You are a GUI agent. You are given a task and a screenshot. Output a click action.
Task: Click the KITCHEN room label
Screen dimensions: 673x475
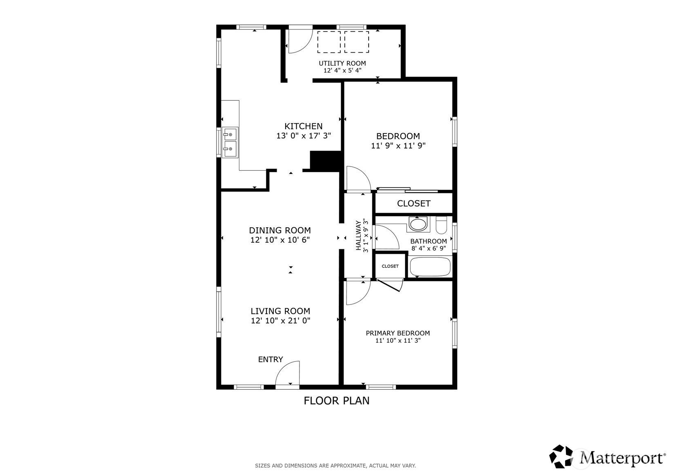tap(304, 126)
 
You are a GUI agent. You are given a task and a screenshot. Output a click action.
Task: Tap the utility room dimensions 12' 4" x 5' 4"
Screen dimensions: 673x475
tap(342, 71)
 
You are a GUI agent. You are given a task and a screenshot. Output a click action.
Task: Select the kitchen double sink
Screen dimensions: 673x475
tap(230, 142)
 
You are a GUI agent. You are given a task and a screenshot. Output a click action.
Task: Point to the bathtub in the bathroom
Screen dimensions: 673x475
tap(430, 266)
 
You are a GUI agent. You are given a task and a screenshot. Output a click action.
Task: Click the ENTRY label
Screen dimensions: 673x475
tap(271, 359)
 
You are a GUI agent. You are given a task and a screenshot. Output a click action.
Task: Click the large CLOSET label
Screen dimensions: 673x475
tap(414, 204)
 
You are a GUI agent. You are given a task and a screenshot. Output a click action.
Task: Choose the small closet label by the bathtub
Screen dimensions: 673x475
tap(390, 266)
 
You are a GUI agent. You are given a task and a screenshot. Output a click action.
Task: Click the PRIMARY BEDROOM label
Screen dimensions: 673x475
tap(398, 333)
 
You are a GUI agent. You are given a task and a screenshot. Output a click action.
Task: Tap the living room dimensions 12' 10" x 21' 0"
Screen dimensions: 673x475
tap(280, 321)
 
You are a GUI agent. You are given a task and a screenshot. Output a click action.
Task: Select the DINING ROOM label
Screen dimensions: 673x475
tap(280, 231)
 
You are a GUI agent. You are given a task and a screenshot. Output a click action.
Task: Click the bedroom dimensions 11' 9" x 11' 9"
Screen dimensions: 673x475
tap(398, 146)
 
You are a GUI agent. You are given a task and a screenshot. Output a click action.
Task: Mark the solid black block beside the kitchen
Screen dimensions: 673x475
tap(325, 161)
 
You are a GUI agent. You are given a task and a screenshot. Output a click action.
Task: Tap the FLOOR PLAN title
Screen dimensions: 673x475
tap(337, 401)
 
